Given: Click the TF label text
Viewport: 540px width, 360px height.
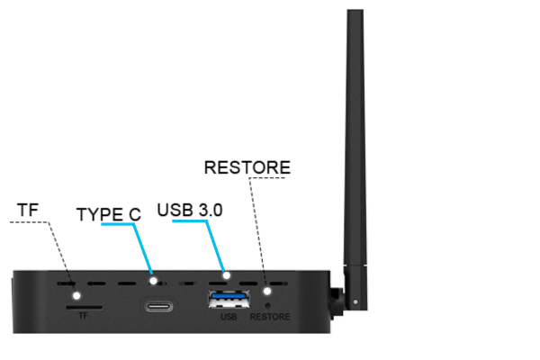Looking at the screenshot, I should [x=84, y=316].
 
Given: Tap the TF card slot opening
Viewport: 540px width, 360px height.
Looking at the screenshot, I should [x=84, y=306].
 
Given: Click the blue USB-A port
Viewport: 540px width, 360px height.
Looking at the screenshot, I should [x=228, y=298].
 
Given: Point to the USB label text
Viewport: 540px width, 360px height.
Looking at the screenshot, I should [x=228, y=316].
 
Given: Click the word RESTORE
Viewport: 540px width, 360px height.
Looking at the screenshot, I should [x=269, y=316].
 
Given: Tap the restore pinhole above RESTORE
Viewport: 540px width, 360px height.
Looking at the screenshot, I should [x=268, y=305].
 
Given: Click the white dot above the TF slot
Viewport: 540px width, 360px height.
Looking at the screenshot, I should [x=77, y=295].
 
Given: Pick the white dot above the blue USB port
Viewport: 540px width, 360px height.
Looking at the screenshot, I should [x=227, y=275].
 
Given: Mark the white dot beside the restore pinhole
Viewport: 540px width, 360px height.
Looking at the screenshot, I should [x=267, y=291].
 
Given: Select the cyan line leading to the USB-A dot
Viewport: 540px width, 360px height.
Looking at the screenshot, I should [x=216, y=247].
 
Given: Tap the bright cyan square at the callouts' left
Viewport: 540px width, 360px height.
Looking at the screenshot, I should [x=117, y=239].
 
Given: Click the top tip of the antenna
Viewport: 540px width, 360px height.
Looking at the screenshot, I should [x=355, y=12].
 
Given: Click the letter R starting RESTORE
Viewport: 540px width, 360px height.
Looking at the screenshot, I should [x=253, y=316].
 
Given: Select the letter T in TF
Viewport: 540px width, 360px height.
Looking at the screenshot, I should [x=81, y=316].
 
